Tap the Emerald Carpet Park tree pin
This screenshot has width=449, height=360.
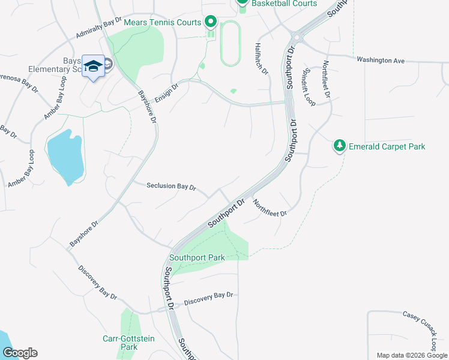click(x=340, y=146)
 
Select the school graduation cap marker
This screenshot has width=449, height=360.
click(x=93, y=66)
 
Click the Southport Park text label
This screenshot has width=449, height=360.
click(x=197, y=258)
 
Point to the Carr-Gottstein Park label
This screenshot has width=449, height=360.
click(x=128, y=343)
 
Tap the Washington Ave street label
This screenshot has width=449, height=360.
click(x=381, y=60)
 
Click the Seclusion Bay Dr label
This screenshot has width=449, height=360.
click(x=171, y=187)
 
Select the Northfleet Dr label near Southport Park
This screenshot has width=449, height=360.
click(x=270, y=208)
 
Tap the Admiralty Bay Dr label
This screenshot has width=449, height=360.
click(x=99, y=32)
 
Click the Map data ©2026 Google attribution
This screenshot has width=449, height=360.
click(x=412, y=355)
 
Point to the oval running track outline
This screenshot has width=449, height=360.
click(x=231, y=44)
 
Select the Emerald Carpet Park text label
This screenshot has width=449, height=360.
click(x=388, y=146)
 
